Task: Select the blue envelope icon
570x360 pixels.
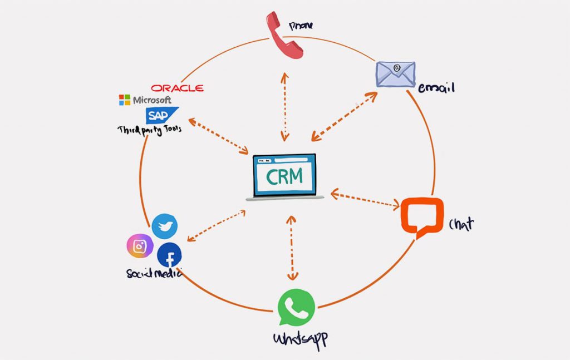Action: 395,74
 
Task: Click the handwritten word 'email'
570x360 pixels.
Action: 436,87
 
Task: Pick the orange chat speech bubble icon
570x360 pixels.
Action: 422,216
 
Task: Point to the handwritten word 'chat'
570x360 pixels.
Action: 461,224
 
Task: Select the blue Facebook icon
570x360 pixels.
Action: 169,256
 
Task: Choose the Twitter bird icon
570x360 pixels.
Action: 165,226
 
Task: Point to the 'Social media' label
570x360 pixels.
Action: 154,273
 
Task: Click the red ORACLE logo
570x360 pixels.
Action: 177,88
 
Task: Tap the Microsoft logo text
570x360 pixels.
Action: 145,100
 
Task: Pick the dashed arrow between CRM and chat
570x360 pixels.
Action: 365,200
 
